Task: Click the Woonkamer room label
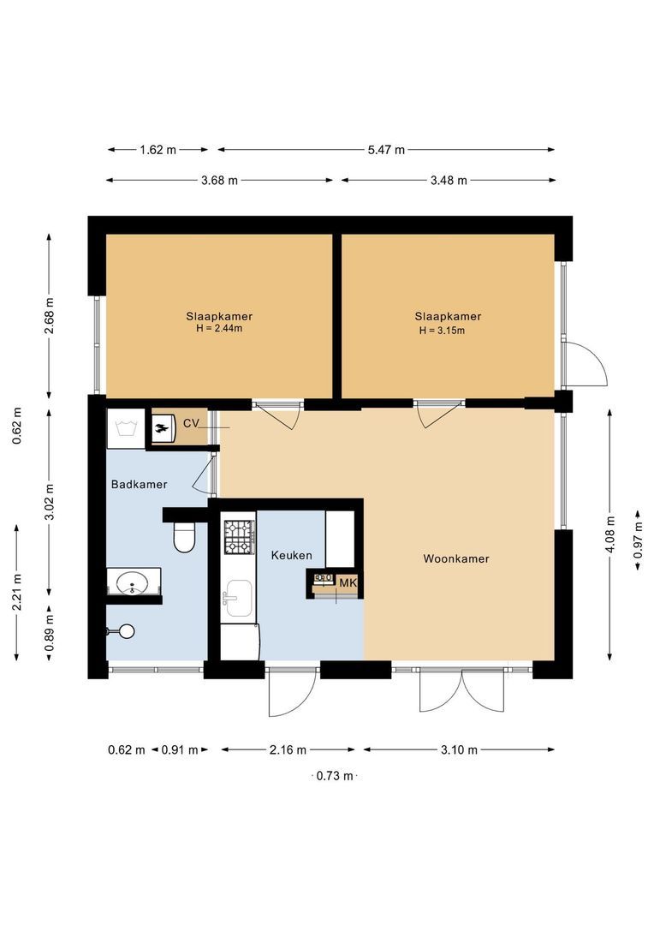[x=455, y=558]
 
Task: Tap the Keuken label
[x=291, y=556]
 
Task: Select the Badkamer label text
[x=139, y=484]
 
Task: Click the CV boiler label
[x=190, y=424]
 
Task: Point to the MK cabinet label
[x=347, y=582]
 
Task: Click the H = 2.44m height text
[x=219, y=329]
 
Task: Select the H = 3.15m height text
[x=442, y=330]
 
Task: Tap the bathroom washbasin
[x=133, y=582]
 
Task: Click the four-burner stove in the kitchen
[x=239, y=537]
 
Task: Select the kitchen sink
[x=239, y=597]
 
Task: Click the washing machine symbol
[x=126, y=427]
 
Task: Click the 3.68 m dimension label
[x=219, y=181]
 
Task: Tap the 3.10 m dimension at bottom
[x=460, y=750]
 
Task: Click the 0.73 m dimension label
[x=334, y=776]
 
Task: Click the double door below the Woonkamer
[x=461, y=689]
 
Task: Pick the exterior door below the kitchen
[x=289, y=691]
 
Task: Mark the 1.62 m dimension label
[x=158, y=150]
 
